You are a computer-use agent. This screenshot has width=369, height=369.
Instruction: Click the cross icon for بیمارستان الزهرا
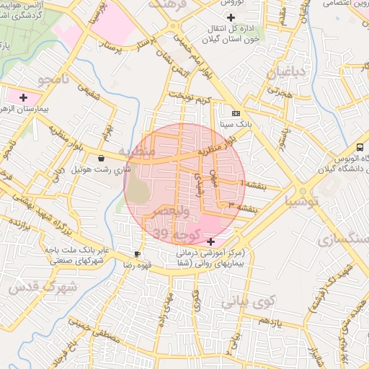pos(24,97)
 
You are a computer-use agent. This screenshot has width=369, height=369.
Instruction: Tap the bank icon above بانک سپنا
pos(236,114)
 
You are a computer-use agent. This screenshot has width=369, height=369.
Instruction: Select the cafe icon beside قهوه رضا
pos(138,254)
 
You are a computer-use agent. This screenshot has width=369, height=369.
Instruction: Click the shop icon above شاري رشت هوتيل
pos(100,158)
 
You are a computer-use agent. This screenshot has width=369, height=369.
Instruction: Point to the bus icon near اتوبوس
pos(360,147)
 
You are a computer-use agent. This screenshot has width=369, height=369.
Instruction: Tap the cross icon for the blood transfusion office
pos(231,17)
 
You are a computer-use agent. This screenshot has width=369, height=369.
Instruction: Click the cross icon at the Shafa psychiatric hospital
pos(210,241)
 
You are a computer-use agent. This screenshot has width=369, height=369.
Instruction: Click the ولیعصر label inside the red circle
pos(170,212)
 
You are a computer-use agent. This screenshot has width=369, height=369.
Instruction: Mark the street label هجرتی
pos(279,92)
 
